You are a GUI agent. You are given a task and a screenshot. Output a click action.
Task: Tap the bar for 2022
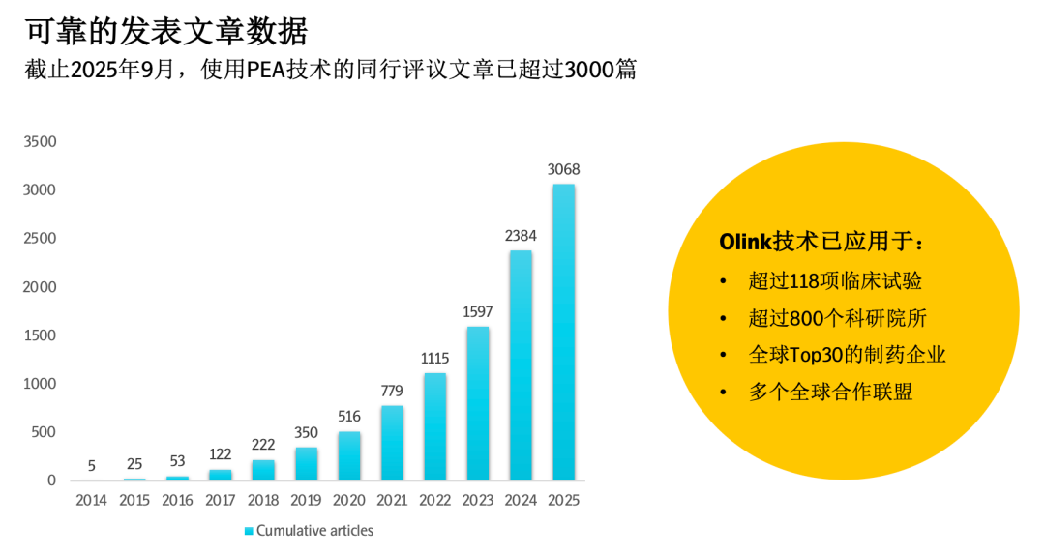tap(435, 426)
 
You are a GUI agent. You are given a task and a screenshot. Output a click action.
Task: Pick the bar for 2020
tap(349, 455)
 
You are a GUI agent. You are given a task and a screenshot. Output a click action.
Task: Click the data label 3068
tap(563, 169)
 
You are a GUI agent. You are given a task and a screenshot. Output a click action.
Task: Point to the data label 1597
tap(478, 311)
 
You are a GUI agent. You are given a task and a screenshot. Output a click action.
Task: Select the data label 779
tap(392, 391)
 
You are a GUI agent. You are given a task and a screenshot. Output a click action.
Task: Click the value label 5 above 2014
tap(92, 466)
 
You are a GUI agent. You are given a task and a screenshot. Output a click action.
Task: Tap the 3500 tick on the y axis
tap(40, 141)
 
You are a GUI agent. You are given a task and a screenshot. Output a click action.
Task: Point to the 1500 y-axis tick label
tap(40, 335)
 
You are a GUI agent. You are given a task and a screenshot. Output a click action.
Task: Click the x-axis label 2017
tap(221, 500)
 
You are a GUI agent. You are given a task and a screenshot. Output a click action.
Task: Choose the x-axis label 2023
tap(478, 500)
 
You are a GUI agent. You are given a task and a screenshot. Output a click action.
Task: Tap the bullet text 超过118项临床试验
tap(834, 281)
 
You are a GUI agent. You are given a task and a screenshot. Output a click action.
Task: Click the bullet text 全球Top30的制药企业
tap(847, 355)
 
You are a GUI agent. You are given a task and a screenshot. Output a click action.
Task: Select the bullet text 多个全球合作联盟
tap(830, 392)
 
